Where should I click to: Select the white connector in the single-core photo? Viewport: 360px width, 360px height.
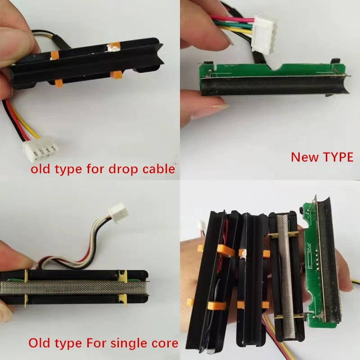click(x=118, y=211)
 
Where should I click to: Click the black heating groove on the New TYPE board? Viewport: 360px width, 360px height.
click(x=275, y=86)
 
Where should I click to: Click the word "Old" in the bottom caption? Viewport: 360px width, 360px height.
click(x=40, y=343)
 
